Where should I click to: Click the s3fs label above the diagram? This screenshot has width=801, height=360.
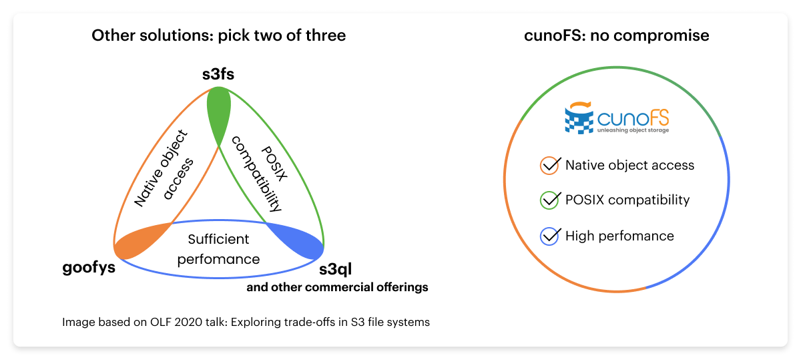point(218,75)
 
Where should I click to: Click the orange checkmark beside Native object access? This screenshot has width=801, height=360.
point(549,165)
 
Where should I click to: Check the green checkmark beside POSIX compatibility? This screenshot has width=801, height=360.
point(549,200)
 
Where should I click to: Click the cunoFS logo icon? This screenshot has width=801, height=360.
point(579,119)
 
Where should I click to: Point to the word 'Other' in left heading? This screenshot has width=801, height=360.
point(109,35)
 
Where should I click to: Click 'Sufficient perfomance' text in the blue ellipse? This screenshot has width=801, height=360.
point(218,248)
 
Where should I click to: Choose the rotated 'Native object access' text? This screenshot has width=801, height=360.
point(164,168)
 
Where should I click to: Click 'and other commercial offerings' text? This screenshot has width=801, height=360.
point(337,288)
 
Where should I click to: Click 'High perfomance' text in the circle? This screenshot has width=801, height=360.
point(619,236)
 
